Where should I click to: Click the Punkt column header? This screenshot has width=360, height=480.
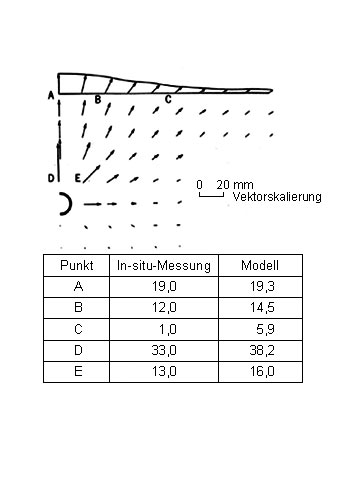tap(77, 266)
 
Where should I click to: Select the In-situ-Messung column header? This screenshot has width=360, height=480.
tap(164, 266)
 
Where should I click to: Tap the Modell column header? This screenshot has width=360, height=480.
tap(260, 265)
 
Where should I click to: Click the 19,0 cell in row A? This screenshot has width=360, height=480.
tap(164, 286)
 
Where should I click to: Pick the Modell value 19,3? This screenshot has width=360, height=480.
tap(262, 286)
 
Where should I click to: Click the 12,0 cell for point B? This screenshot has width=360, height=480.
tap(164, 307)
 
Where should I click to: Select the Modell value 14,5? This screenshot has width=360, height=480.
tap(262, 307)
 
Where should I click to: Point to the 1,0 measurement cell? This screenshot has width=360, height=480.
tap(168, 329)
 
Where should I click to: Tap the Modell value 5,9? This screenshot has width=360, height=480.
tap(266, 329)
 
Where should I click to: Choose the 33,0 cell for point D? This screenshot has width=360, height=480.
tap(164, 350)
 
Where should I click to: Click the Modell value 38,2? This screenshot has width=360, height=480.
tap(262, 350)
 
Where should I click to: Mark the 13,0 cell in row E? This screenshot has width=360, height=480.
tap(164, 371)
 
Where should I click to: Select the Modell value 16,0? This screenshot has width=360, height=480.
tap(262, 371)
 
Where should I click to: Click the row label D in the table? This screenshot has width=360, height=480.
tap(78, 350)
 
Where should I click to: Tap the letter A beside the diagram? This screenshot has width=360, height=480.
tap(51, 96)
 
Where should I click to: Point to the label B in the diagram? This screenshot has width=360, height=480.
tap(98, 99)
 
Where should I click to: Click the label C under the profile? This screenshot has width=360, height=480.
tap(168, 99)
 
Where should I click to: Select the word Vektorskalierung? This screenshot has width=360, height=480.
tap(277, 197)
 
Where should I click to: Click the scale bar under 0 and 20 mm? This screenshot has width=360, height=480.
tap(211, 195)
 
